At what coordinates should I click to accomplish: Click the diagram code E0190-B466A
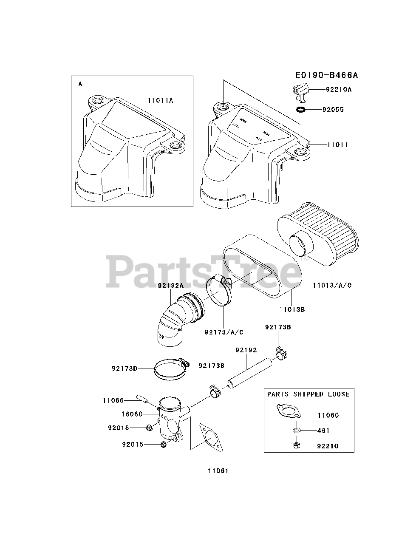[327, 76]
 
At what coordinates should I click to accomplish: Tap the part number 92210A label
[339, 90]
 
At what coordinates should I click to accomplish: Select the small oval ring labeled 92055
[301, 110]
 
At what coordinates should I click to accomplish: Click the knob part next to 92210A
[300, 90]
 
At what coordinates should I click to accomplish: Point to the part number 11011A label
[160, 101]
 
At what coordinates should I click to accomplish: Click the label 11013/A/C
[332, 285]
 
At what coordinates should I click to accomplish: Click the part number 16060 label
[133, 414]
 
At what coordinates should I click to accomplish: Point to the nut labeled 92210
[296, 446]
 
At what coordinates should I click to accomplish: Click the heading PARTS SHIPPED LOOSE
[308, 394]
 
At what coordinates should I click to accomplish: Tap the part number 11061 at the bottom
[218, 471]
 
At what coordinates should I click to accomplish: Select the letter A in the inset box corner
[80, 84]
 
